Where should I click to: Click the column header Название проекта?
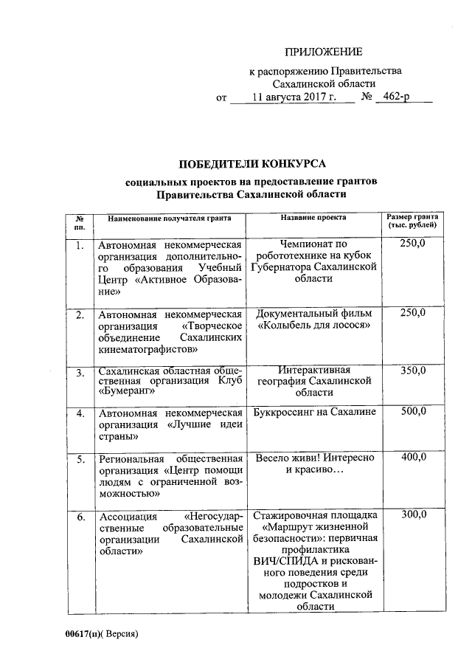pyautogui.click(x=313, y=218)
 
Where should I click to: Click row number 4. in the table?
pyautogui.click(x=80, y=413)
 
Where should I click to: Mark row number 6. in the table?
pyautogui.click(x=80, y=515)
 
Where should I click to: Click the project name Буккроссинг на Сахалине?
pyautogui.click(x=314, y=412)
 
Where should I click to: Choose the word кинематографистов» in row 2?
pyautogui.click(x=148, y=348)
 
